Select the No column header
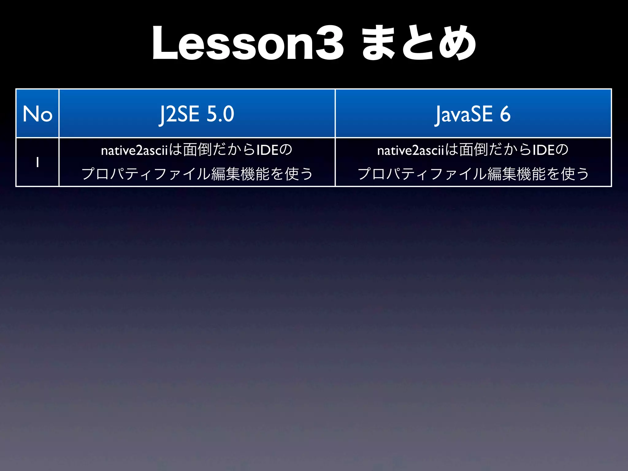coord(37,114)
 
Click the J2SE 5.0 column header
coord(197,114)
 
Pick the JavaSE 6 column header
coord(473,114)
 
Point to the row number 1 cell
coord(37,162)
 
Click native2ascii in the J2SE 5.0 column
coord(135,150)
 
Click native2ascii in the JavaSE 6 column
coord(411,150)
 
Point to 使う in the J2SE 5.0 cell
coord(299,174)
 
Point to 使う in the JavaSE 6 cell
coord(575,174)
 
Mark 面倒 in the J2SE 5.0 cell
coord(197,150)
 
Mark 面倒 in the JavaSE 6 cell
coord(473,150)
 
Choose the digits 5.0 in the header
coord(220,114)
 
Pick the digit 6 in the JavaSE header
coord(505,114)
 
